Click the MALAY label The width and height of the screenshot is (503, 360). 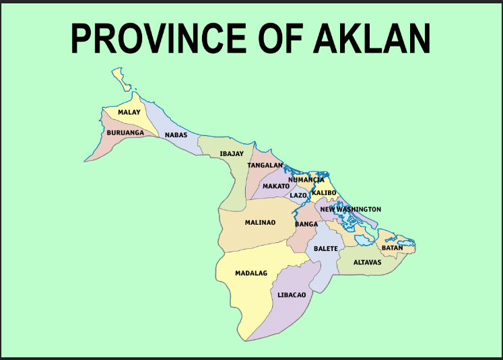(129, 112)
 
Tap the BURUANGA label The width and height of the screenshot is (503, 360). (125, 133)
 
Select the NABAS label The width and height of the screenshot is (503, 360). (176, 135)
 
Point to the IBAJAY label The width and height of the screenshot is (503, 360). (232, 154)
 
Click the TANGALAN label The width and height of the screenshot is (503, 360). (265, 165)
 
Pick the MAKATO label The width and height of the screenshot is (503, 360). (276, 186)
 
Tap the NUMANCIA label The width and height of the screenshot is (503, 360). (306, 180)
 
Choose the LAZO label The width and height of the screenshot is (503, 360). (298, 195)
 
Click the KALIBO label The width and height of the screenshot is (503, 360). (324, 193)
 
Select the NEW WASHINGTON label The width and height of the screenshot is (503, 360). (350, 209)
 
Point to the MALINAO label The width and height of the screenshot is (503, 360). (260, 222)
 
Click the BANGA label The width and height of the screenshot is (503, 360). (306, 224)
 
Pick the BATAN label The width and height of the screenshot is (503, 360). (392, 248)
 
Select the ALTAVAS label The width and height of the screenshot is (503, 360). (368, 262)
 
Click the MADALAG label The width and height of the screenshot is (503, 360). (251, 273)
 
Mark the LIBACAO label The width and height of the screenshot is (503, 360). (292, 295)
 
